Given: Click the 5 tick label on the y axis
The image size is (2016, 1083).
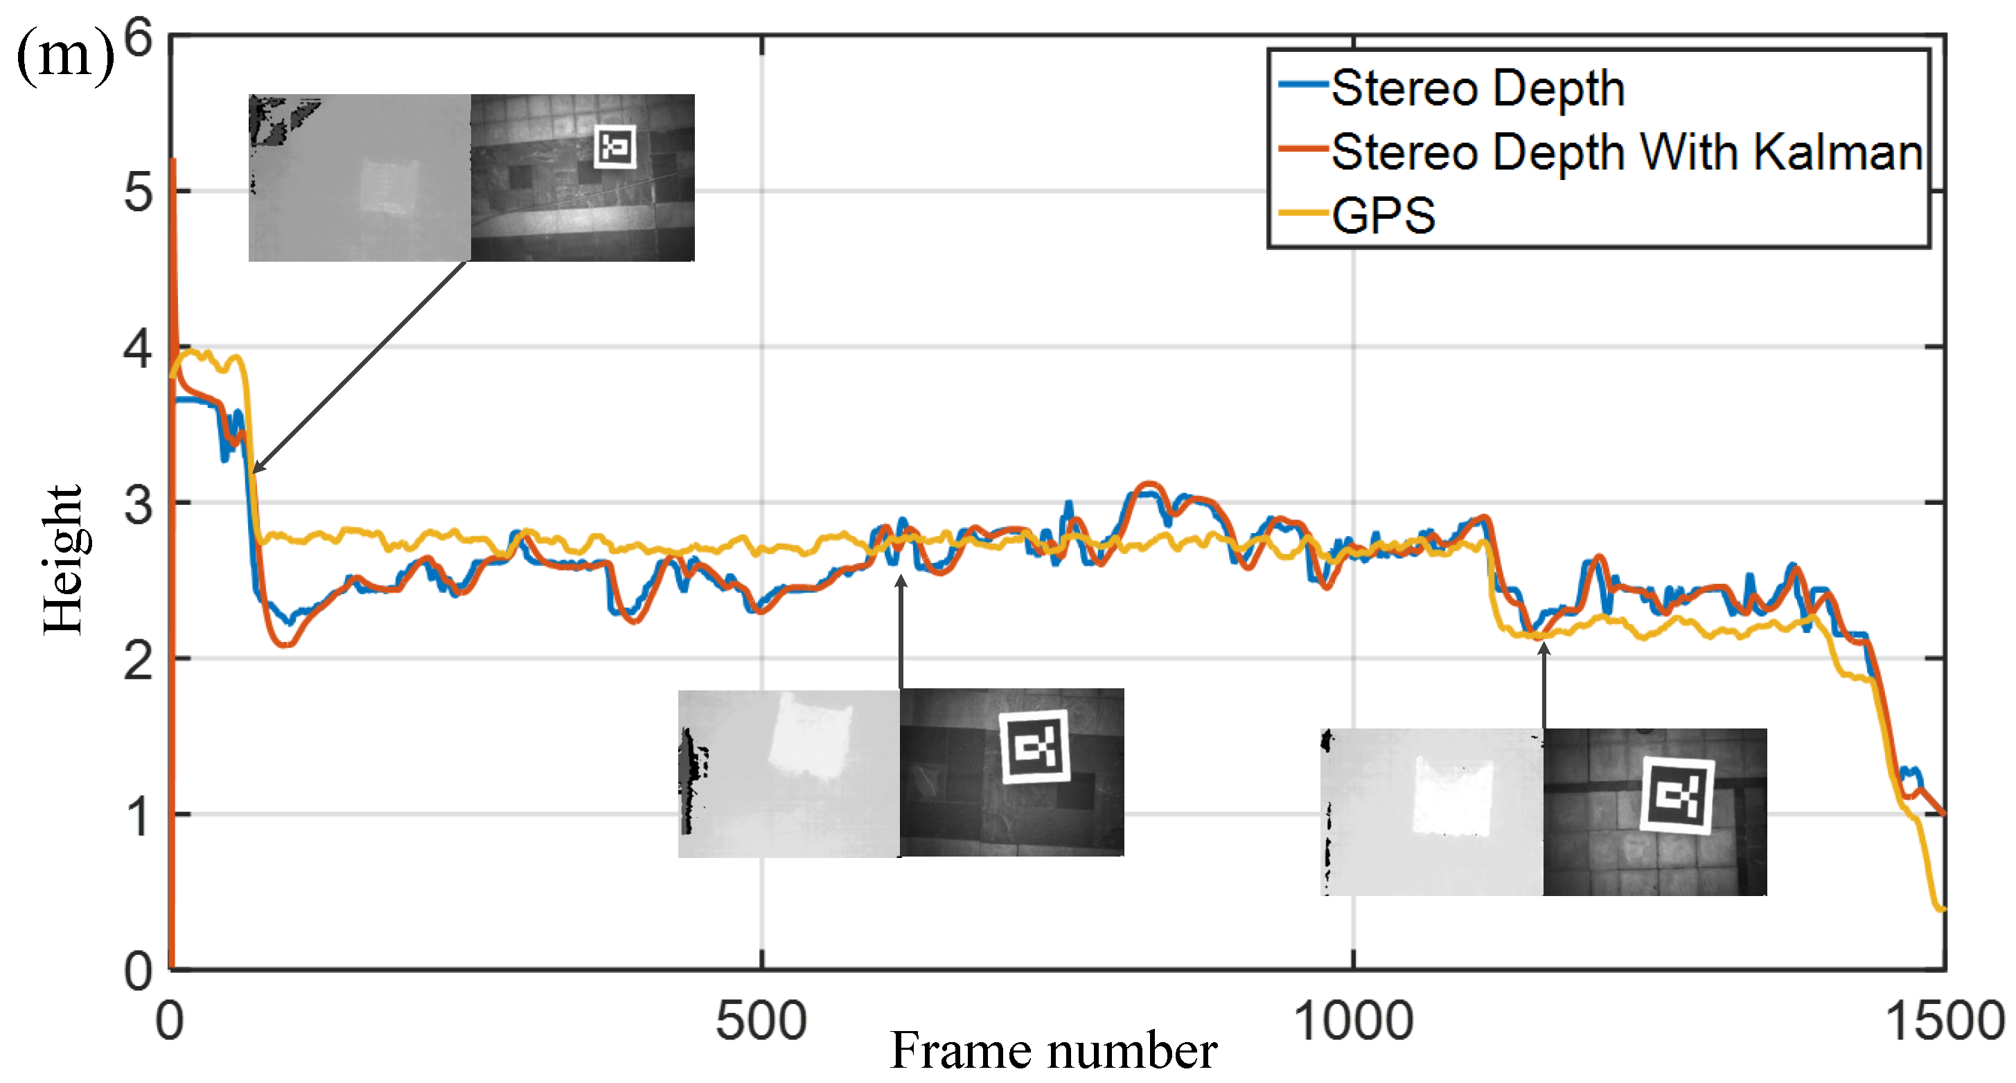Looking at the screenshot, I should tap(139, 192).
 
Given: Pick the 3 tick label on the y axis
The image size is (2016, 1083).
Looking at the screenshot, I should tap(139, 505).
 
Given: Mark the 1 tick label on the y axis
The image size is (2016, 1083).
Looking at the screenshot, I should tap(139, 816).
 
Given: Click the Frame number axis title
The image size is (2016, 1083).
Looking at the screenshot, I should tap(1054, 1050).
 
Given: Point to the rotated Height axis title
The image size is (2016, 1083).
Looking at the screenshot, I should tap(62, 560).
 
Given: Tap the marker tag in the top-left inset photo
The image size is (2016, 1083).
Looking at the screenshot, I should tap(615, 146).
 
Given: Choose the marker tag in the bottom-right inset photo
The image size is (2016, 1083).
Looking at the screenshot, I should tap(1677, 796).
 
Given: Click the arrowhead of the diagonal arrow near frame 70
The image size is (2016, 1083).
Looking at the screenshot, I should tap(256, 469).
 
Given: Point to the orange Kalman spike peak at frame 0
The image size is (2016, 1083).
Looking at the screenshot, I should tap(173, 161).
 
